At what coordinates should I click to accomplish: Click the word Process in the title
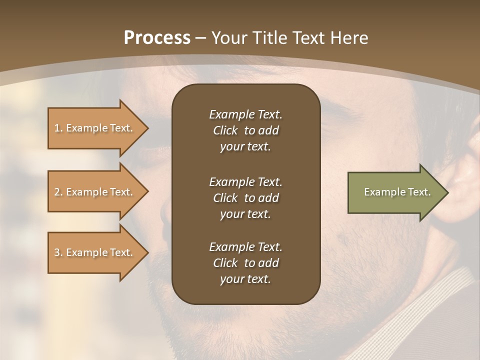tap(157, 38)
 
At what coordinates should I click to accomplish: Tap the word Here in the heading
tap(350, 38)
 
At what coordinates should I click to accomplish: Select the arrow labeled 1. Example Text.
tap(95, 128)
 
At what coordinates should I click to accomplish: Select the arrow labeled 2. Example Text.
tap(95, 192)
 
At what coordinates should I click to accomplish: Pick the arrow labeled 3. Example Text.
tap(95, 252)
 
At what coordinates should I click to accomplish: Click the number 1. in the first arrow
tap(58, 128)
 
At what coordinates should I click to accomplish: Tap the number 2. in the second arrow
tap(58, 192)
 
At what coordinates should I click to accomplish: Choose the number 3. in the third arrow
tap(58, 252)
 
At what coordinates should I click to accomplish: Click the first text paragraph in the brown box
tap(245, 130)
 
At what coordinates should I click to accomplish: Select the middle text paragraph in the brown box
tap(245, 198)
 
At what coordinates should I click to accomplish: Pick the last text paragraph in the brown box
tap(245, 263)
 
